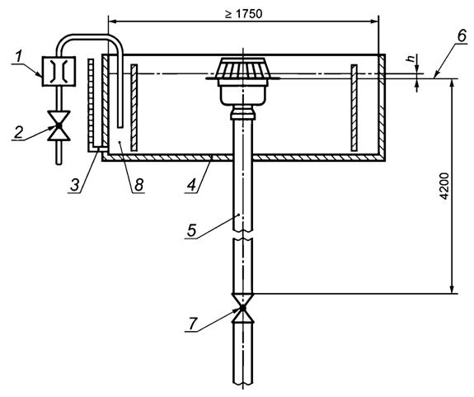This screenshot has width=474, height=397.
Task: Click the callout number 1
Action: (19, 57)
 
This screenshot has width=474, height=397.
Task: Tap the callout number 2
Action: (18, 132)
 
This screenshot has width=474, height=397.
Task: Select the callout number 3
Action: (74, 184)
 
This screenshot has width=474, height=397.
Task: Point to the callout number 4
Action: (191, 184)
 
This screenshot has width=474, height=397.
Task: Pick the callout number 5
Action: (191, 231)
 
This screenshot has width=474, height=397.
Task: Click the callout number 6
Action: (462, 36)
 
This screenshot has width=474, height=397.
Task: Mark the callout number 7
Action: (194, 324)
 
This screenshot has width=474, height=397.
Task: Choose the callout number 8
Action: (138, 184)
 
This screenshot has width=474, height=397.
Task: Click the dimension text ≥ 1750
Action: (244, 14)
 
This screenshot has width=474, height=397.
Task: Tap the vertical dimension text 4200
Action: (443, 186)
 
